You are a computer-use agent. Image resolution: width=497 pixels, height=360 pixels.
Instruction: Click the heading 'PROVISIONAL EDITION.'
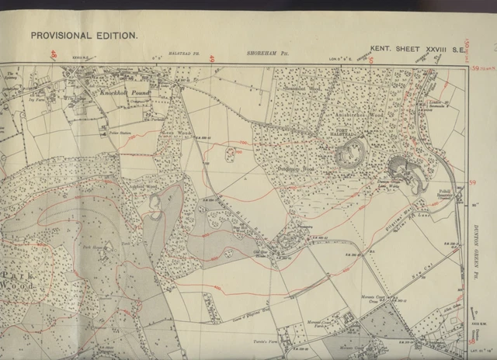[x=84, y=36]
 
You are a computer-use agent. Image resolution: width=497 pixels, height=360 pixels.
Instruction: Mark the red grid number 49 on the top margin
[x=211, y=56]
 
